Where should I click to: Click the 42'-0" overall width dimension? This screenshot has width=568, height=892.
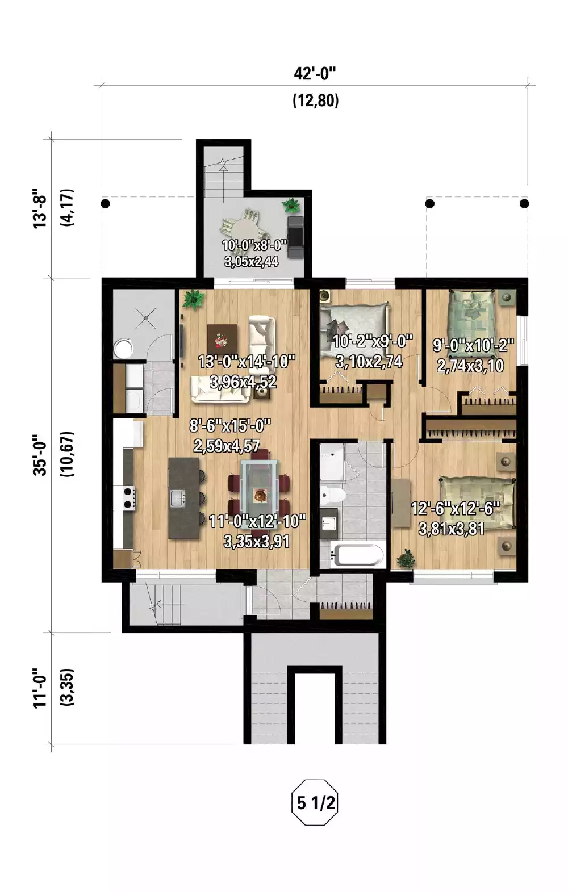coord(315,74)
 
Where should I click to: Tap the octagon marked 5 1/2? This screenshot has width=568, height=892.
coord(314,803)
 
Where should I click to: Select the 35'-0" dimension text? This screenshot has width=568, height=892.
coord(40,454)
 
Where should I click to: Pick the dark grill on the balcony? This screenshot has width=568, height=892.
coord(295,236)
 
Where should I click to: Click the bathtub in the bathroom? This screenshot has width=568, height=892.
coord(357,555)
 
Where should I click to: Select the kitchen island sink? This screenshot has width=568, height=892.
coord(178,499)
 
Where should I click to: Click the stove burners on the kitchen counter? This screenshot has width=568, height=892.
coord(129,498)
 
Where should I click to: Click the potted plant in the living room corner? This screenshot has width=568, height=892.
coord(194,299)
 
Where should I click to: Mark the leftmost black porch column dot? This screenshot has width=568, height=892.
coord(105,203)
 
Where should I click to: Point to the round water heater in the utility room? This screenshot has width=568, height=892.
coord(123,347)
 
